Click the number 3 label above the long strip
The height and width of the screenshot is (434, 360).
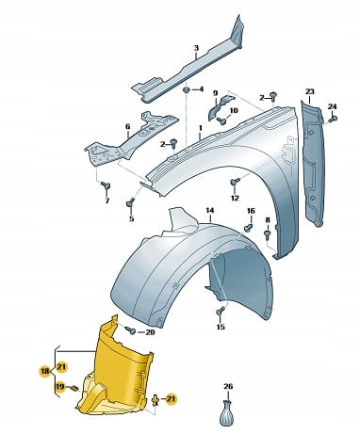(196, 48)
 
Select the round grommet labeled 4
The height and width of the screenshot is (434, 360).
(187, 90)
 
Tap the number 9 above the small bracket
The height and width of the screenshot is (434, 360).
(215, 93)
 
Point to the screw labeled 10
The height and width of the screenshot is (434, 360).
(221, 120)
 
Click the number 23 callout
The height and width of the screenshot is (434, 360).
(310, 91)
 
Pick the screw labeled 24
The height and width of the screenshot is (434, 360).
(333, 119)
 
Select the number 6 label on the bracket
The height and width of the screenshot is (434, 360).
(127, 127)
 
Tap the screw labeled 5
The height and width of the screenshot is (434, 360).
(130, 202)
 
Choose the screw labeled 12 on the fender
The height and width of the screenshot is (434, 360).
(235, 182)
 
